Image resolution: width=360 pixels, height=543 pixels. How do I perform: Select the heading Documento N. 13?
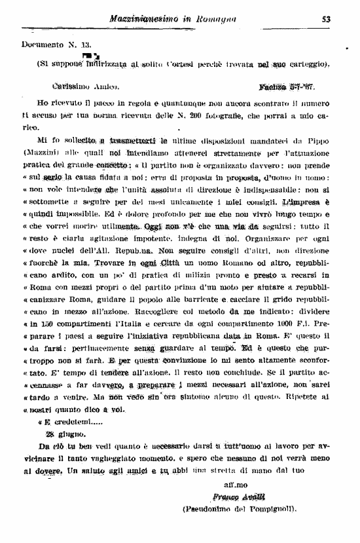point(49,45)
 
